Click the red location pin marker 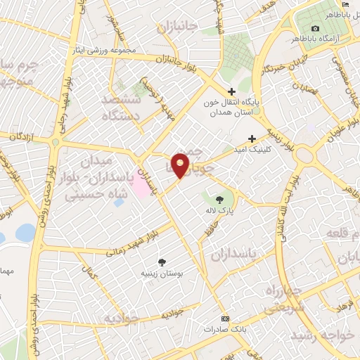click(x=181, y=165)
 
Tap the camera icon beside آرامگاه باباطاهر click(x=315, y=28)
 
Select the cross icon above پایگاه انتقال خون click(x=232, y=91)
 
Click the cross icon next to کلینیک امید click(x=252, y=138)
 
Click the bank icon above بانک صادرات click(x=225, y=319)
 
